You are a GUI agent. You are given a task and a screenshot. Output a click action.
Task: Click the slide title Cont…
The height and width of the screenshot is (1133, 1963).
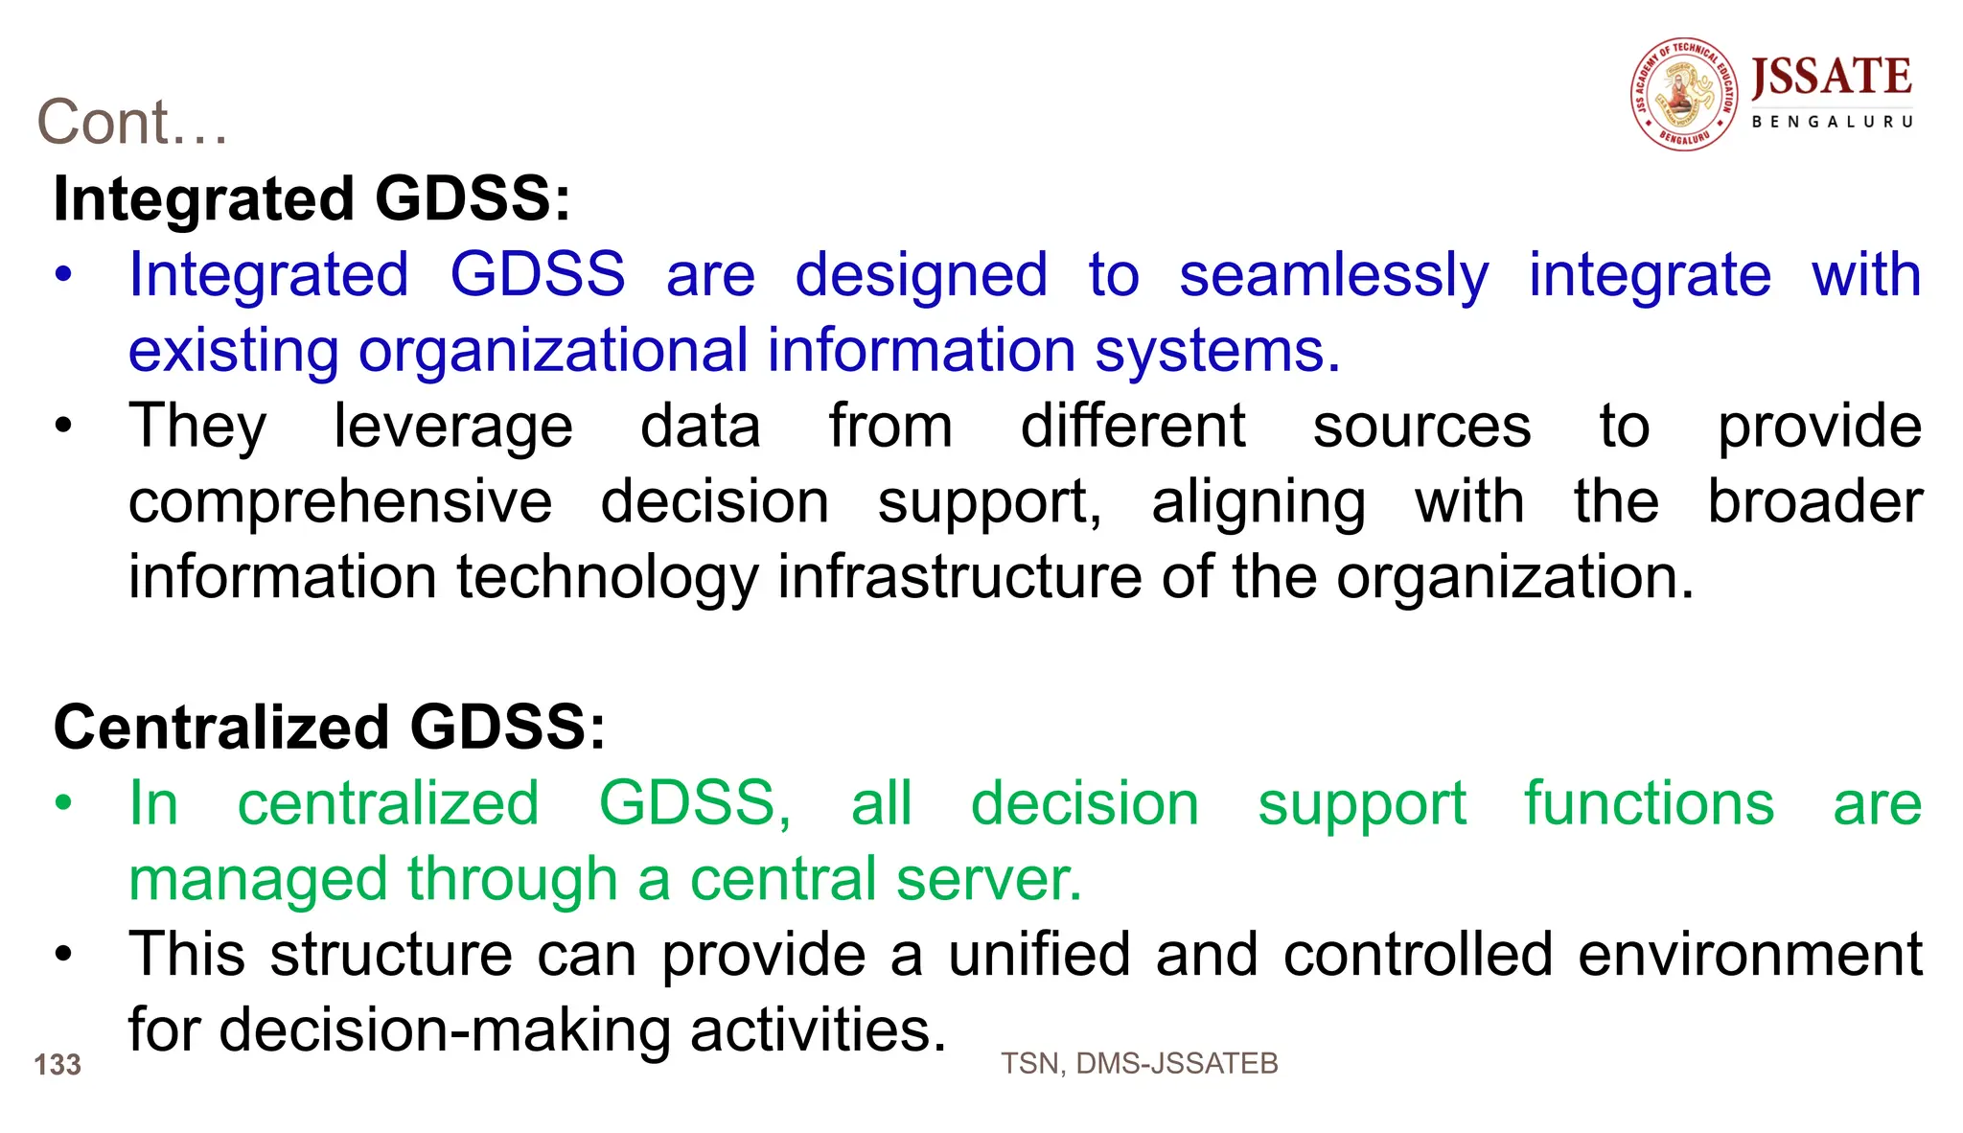(132, 123)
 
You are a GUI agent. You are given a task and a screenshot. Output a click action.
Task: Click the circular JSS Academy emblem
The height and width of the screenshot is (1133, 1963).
(1684, 95)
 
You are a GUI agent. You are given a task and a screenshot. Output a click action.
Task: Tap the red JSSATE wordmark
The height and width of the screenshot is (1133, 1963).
(1831, 78)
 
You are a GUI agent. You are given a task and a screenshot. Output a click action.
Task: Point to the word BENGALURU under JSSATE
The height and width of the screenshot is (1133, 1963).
(1832, 123)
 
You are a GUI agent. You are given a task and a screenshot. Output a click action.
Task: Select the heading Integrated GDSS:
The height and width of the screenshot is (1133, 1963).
(312, 199)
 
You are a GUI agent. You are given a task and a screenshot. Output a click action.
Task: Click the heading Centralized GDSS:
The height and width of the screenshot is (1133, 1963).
(330, 728)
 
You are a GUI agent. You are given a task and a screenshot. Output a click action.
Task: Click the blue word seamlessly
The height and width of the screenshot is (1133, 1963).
(1333, 276)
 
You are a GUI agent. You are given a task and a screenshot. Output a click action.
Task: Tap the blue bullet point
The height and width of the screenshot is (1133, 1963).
(63, 275)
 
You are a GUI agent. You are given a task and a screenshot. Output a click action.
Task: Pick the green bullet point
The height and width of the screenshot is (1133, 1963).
(63, 803)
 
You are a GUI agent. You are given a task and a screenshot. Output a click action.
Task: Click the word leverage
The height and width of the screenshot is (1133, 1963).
(453, 427)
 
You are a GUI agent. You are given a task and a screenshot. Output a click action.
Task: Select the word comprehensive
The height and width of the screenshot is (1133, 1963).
(340, 502)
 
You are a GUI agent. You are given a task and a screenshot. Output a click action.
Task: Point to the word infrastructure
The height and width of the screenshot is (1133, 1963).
(959, 577)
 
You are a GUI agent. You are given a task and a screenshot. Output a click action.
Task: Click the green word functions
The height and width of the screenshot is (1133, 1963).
(1649, 803)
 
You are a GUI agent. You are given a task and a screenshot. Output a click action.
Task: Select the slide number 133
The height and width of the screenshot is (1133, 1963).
(58, 1065)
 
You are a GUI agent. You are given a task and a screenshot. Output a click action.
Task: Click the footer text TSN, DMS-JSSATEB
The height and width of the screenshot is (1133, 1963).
(1139, 1064)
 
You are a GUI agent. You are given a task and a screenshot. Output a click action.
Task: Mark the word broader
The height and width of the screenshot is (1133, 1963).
(1814, 502)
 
